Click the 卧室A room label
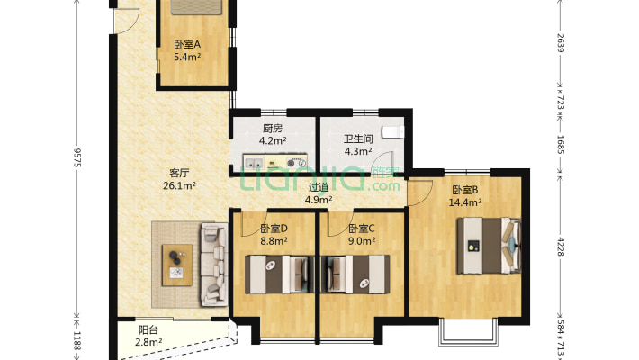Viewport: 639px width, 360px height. click(x=187, y=45)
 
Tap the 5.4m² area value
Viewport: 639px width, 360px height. click(x=187, y=58)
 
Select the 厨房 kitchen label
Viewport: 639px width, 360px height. click(x=274, y=128)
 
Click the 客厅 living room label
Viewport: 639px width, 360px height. click(x=180, y=173)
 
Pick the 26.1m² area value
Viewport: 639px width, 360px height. click(x=180, y=186)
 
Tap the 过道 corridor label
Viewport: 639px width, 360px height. click(x=319, y=187)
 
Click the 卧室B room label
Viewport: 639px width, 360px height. click(x=464, y=189)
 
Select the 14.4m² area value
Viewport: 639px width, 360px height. click(x=464, y=202)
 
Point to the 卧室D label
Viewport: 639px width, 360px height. click(x=274, y=229)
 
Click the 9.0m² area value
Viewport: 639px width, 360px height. click(x=362, y=241)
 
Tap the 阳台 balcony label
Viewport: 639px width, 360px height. click(x=149, y=329)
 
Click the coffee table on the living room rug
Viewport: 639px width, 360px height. click(x=176, y=263)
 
